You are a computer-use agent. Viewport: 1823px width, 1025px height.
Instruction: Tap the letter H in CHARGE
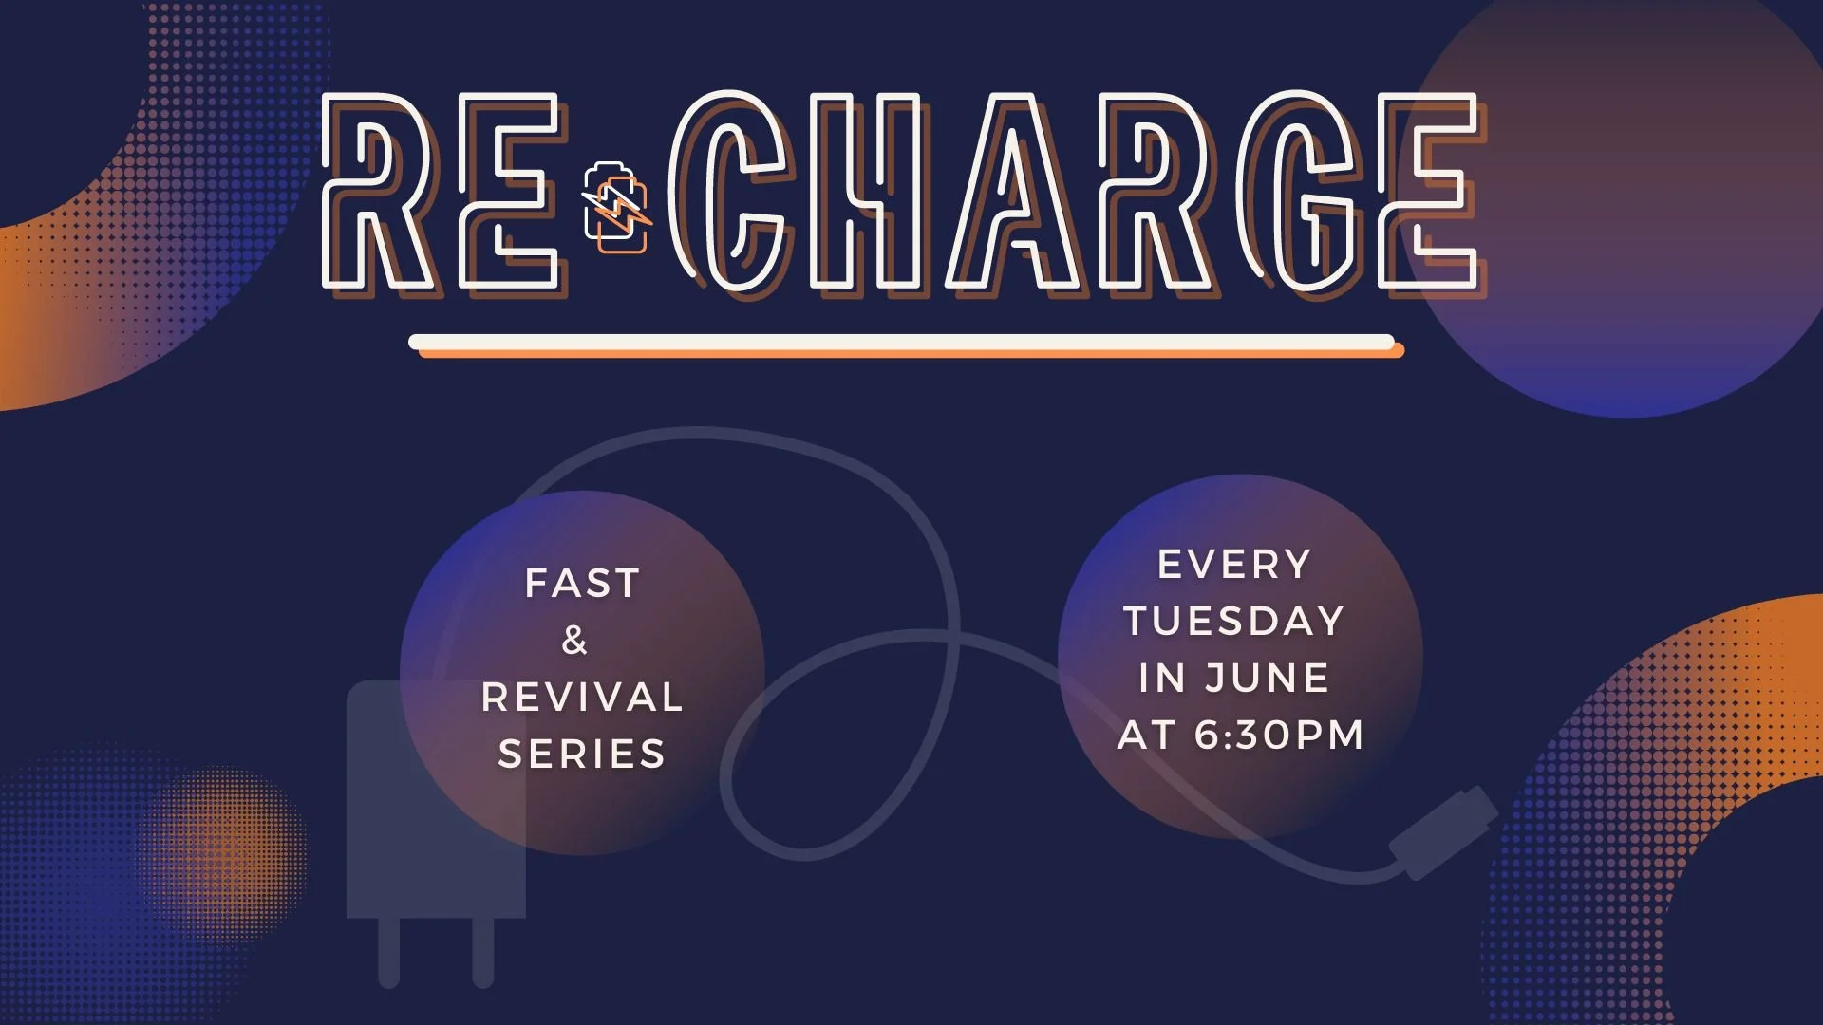864,193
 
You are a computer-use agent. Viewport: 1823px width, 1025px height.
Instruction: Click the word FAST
582,584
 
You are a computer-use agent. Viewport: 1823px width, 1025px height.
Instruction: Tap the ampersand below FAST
574,641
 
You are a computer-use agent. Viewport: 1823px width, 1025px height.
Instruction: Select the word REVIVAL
582,698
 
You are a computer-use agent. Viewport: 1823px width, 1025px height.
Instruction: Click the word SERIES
582,755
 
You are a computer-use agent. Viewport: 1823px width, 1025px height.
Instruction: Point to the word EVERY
1234,565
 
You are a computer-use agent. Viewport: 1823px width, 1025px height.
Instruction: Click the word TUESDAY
1234,622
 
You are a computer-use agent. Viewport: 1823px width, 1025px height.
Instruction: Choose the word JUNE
1268,679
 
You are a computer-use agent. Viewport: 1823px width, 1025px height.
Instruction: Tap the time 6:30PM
1279,736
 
